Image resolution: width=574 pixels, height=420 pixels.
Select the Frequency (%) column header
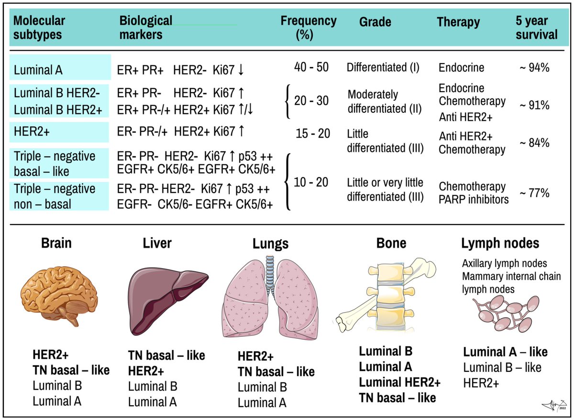click(x=308, y=28)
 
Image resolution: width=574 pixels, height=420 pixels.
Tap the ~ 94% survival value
click(x=535, y=67)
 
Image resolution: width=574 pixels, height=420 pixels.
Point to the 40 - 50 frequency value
click(x=311, y=67)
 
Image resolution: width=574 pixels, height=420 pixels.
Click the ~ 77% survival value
click(x=535, y=193)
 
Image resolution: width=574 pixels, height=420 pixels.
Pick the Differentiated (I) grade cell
click(x=383, y=67)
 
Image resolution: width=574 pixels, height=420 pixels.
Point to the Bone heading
click(x=391, y=243)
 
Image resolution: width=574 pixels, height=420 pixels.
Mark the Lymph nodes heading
click(x=500, y=243)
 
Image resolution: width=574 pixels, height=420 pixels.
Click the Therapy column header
click(x=458, y=22)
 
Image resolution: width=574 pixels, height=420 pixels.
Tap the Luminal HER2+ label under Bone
click(x=399, y=382)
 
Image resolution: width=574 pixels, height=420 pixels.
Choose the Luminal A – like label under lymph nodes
click(x=505, y=352)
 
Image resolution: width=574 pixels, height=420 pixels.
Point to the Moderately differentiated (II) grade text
click(x=384, y=101)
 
